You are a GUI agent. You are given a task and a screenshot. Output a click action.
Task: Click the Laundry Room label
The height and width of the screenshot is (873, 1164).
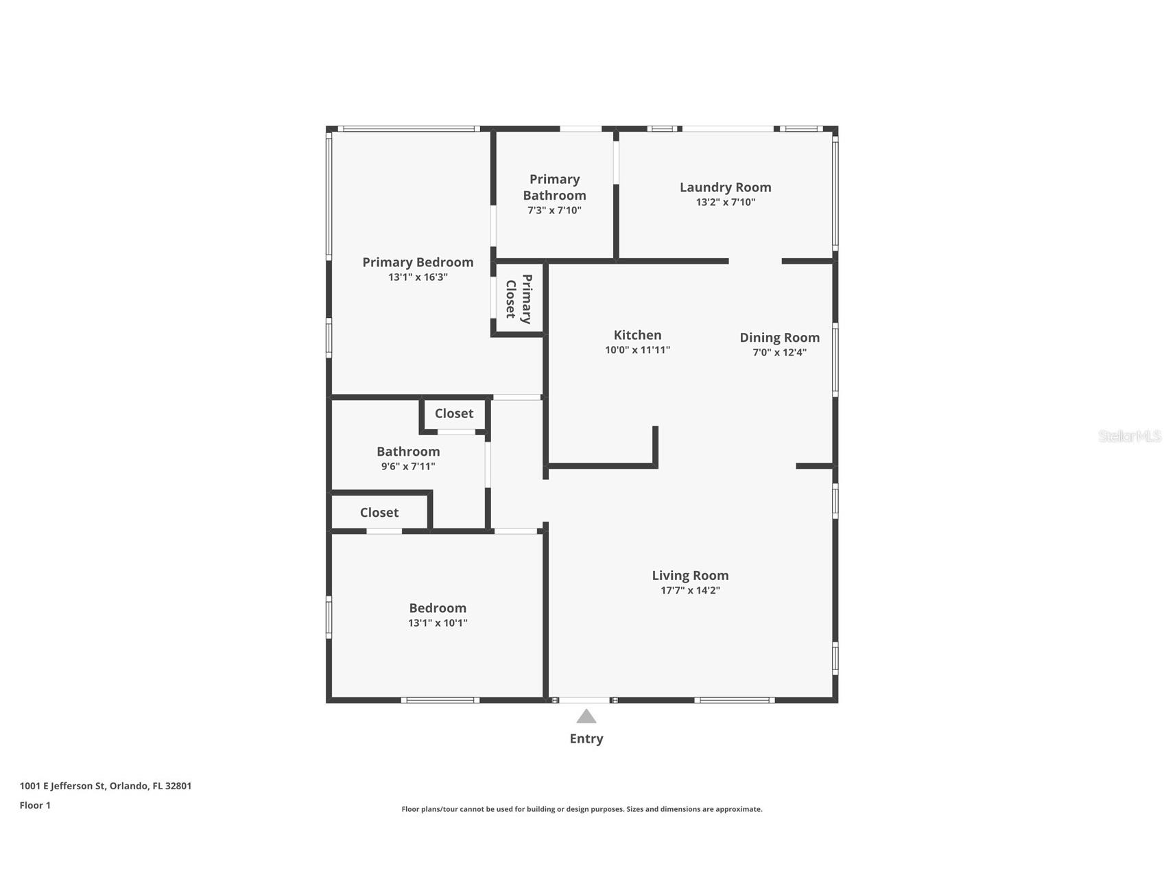coord(725,187)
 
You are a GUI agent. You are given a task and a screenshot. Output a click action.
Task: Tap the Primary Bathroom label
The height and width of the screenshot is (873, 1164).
coord(554,187)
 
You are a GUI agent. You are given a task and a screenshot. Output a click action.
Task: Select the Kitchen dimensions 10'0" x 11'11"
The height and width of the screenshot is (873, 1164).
coord(637,350)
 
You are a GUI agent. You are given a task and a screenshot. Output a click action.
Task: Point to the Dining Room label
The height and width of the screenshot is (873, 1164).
coord(779,338)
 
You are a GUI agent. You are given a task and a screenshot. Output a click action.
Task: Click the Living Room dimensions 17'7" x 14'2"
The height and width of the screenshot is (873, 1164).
coord(690,590)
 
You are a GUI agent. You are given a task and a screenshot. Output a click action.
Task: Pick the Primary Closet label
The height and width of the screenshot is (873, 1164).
coord(519,299)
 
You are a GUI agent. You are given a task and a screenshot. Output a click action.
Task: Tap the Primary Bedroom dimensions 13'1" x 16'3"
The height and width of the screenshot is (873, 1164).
coord(418,277)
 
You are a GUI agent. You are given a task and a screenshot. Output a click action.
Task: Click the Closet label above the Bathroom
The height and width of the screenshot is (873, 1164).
coord(454,413)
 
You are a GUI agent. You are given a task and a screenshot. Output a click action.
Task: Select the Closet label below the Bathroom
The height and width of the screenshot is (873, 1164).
coord(379,513)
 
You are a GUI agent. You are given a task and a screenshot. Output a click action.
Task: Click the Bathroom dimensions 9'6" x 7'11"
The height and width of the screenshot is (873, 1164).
coord(408,467)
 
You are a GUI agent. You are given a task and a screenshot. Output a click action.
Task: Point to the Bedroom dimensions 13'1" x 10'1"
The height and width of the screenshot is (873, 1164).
coord(438,623)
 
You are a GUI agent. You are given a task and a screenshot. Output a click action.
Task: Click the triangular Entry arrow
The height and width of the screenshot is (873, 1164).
coord(586,717)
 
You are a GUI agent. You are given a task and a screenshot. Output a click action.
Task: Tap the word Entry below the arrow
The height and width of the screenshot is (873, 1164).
coord(586,738)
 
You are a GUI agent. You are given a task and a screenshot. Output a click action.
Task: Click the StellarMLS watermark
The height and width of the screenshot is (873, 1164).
coord(1130,436)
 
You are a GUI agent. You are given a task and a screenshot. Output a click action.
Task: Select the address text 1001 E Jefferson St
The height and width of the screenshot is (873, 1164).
coord(62,786)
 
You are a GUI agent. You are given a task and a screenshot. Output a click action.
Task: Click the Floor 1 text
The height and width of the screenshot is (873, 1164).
coord(35,805)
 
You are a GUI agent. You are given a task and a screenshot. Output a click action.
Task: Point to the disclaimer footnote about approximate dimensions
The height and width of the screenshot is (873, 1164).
coord(582,809)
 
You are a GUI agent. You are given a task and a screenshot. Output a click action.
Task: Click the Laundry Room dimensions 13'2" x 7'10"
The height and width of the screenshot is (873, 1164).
coord(725,202)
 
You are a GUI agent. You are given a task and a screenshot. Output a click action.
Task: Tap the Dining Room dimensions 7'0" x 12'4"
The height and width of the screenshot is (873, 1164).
coord(779,353)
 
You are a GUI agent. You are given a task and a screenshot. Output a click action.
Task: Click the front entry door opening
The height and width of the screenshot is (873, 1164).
coord(584,700)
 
